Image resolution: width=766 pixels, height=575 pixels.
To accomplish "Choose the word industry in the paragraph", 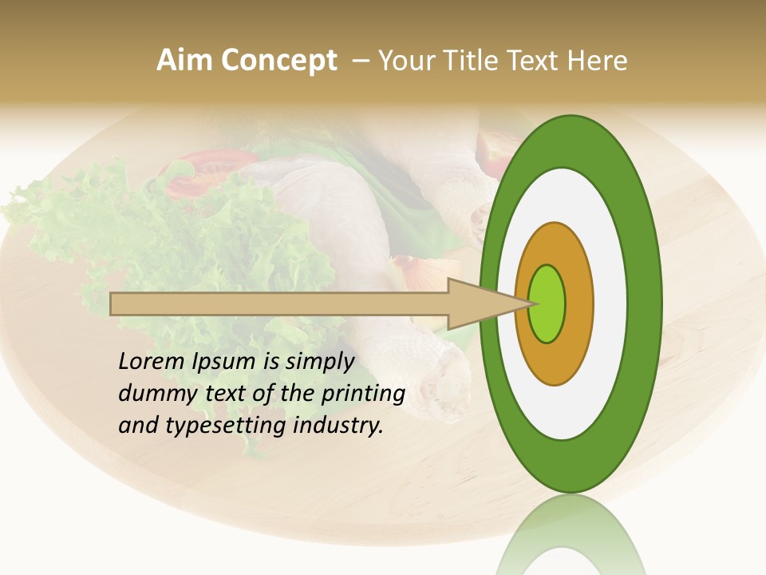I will point(338,426).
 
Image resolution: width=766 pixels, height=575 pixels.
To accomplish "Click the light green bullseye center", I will point(547,304).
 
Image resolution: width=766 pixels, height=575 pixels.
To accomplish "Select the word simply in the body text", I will point(319,362).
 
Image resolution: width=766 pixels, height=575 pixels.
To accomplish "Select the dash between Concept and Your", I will point(360,60).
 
